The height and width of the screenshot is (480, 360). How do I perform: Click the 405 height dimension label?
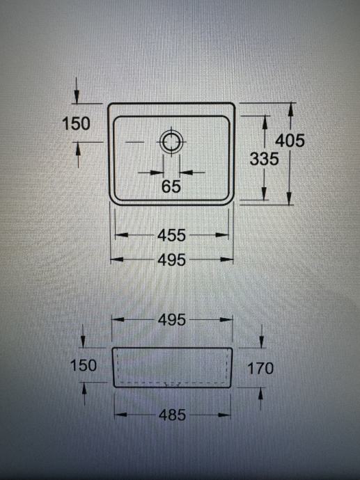(290, 141)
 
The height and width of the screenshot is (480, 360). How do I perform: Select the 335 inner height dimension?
(264, 159)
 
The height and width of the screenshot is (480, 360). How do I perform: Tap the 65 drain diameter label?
(171, 186)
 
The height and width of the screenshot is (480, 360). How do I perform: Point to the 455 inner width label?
(171, 235)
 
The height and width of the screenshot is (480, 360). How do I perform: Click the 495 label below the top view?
(171, 260)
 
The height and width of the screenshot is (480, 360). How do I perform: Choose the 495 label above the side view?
(172, 320)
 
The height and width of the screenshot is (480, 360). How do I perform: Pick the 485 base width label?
(172, 415)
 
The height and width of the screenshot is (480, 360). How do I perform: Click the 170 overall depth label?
(260, 368)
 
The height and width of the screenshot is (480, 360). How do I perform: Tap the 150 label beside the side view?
(84, 365)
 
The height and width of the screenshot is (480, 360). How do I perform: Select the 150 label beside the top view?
(76, 124)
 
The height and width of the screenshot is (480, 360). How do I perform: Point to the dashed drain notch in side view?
(171, 384)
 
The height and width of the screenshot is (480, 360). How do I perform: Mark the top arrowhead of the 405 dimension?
(291, 109)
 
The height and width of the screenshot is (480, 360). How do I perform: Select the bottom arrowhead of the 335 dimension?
(264, 193)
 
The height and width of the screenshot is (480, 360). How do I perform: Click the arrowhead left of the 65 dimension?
(156, 173)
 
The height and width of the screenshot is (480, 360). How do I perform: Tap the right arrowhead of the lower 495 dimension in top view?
(227, 260)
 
